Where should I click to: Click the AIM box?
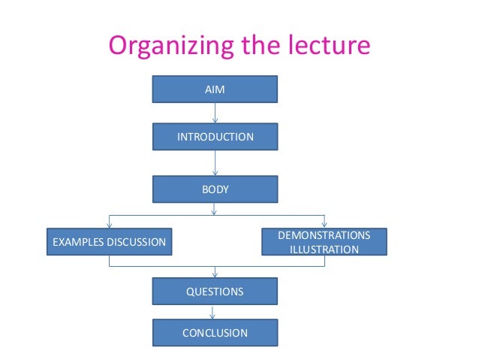(215, 90)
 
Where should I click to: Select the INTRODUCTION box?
(215, 137)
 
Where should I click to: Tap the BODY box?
(215, 189)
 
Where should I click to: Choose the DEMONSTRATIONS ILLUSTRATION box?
(324, 242)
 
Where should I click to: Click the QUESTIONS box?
(215, 291)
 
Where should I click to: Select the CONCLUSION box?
(215, 332)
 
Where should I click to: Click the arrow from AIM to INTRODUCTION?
(215, 113)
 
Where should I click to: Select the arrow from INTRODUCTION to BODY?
(215, 163)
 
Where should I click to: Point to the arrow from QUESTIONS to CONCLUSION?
(215, 311)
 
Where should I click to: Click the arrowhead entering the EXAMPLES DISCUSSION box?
(110, 225)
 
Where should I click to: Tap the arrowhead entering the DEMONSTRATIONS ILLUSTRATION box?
(324, 225)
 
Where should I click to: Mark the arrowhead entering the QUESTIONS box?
(215, 274)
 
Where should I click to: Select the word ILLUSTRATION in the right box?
(324, 250)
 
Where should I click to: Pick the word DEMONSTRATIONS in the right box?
(324, 235)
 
